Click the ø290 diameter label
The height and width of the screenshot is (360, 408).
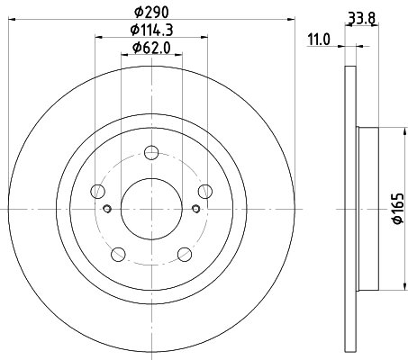coord(150,13)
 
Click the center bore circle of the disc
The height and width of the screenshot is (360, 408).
coord(151,209)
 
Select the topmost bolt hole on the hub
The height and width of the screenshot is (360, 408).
coord(151,153)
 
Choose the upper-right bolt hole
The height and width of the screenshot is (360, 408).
coord(204,191)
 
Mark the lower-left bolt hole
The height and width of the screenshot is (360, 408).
coord(118,254)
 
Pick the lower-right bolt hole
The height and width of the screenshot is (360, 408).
coord(184,254)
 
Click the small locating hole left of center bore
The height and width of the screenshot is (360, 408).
coord(107,209)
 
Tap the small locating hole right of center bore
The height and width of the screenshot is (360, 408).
coord(195,209)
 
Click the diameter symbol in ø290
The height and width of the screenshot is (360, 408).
coord(137,13)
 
